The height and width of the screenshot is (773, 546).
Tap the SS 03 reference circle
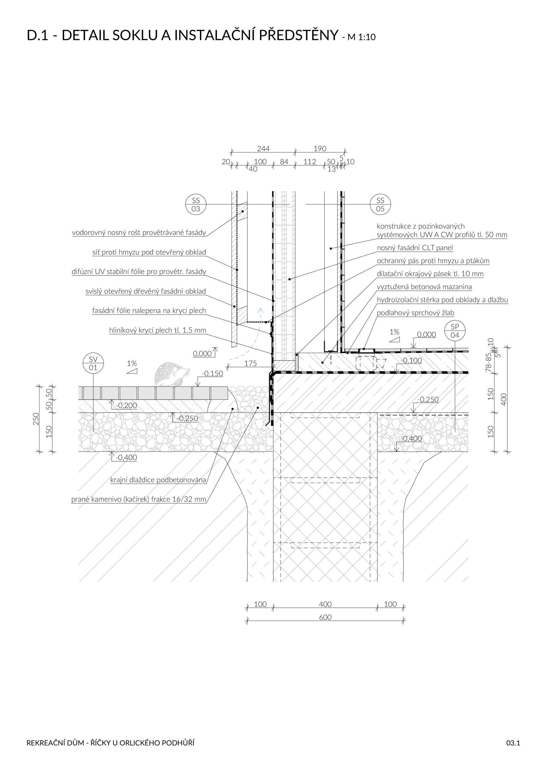[196, 204]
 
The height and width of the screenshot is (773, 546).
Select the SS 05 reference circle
[380, 204]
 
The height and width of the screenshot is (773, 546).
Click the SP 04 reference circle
[455, 331]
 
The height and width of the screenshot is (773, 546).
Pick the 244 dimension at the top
[263, 148]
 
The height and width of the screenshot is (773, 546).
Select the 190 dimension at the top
[320, 148]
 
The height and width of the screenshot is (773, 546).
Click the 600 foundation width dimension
[325, 617]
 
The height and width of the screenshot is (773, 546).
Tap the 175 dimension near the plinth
[250, 363]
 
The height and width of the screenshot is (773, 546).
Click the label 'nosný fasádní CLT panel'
[414, 248]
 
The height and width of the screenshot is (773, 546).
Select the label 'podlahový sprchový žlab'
[415, 313]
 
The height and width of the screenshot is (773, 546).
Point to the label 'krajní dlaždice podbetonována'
[158, 480]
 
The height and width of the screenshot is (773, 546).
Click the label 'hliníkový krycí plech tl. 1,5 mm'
[157, 330]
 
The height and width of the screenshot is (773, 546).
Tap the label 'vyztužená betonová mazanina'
[424, 287]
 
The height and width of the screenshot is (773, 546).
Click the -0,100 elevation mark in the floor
[412, 361]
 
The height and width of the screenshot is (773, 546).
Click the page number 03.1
[513, 743]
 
